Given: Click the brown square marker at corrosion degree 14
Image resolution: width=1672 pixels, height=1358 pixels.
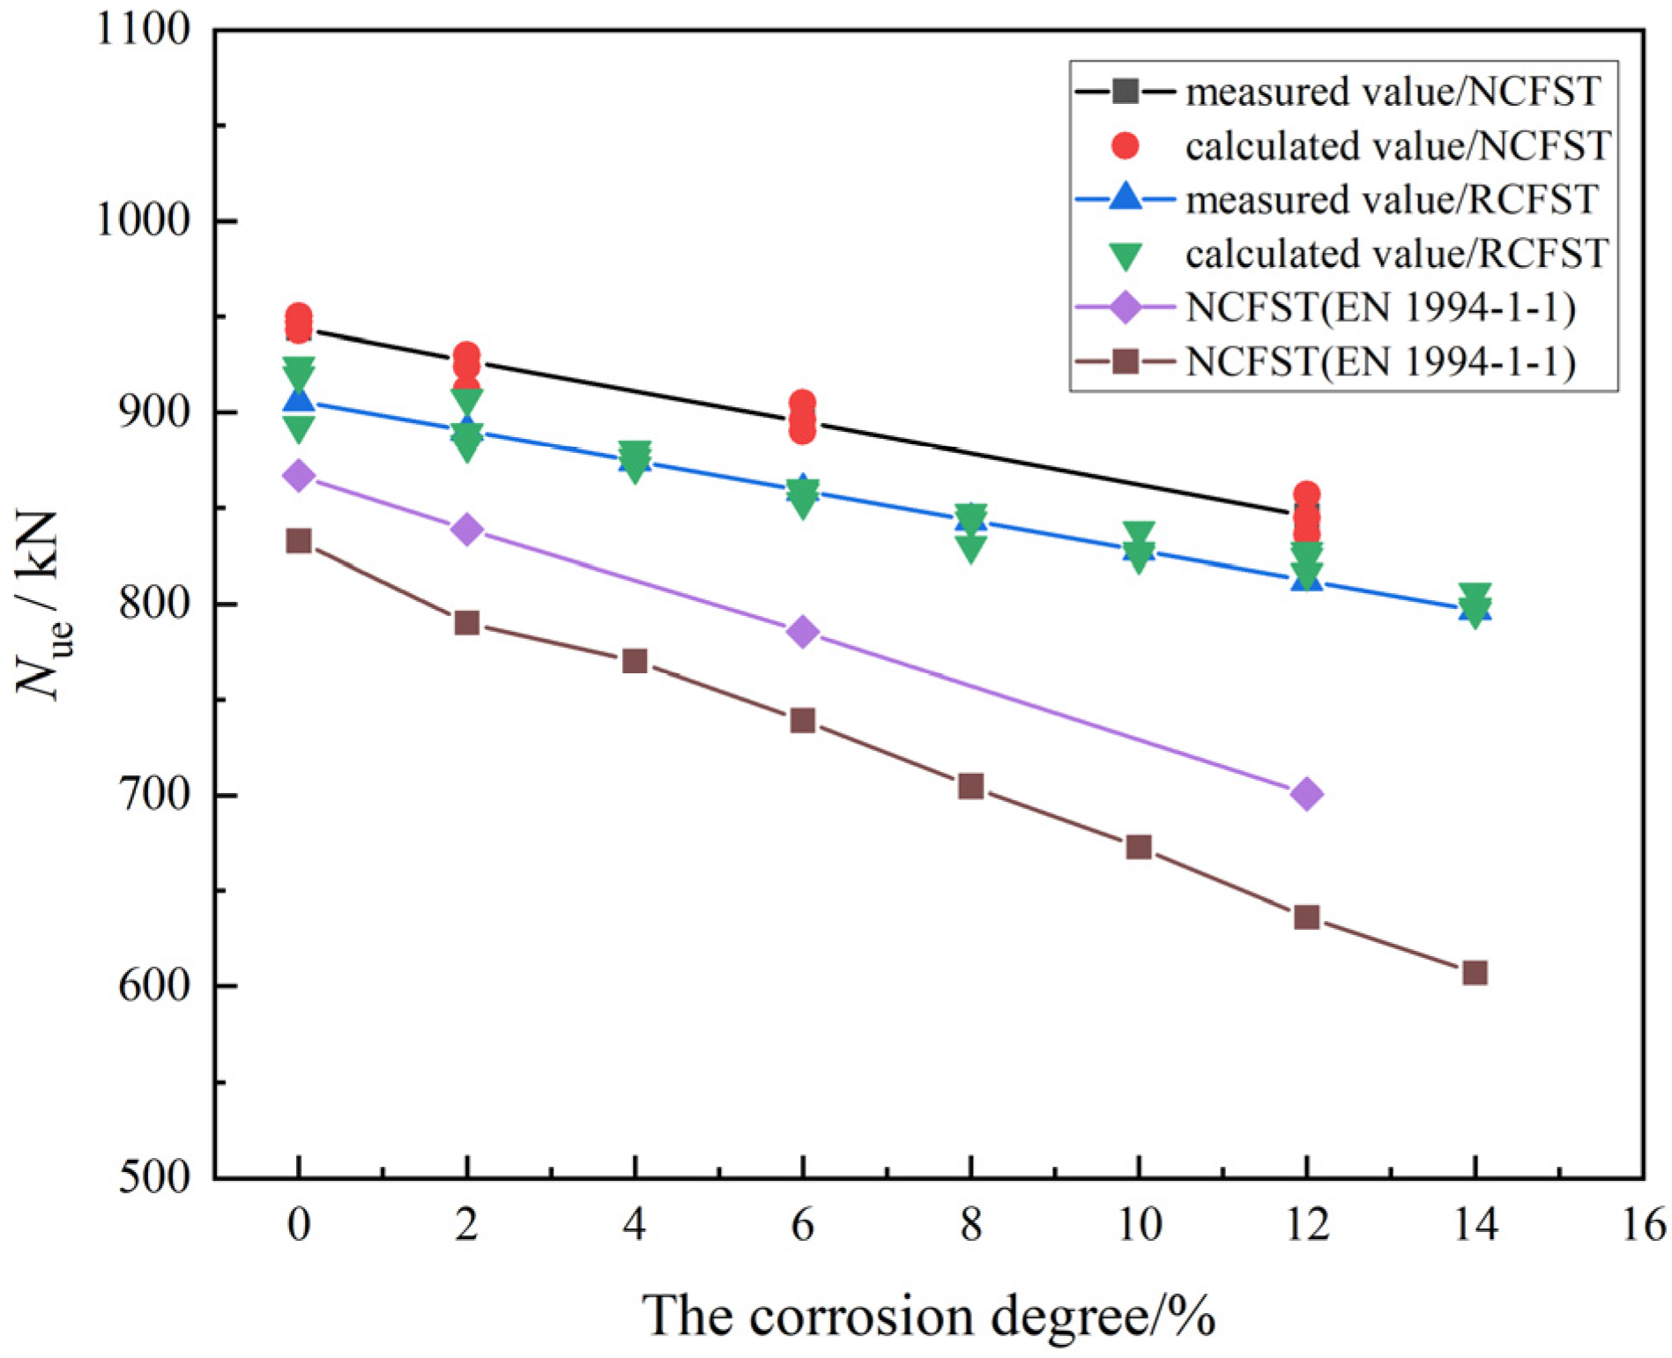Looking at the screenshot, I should click(1475, 973).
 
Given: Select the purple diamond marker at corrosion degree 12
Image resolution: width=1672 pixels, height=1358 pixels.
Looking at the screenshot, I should click(1306, 794).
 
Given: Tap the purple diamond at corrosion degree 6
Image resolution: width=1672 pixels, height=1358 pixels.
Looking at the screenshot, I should click(802, 632).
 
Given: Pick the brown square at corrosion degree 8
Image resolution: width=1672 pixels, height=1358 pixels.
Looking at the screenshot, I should click(970, 786).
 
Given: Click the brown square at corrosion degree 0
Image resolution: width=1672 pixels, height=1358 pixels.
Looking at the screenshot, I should click(299, 541).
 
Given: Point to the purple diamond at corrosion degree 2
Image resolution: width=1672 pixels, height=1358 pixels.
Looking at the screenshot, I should click(466, 530).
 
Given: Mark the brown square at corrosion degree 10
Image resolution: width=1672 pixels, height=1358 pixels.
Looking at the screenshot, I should click(1139, 847).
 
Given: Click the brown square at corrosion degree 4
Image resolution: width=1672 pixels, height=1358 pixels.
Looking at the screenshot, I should click(635, 661).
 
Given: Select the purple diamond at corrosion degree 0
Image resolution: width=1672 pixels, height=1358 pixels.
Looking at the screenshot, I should click(299, 476).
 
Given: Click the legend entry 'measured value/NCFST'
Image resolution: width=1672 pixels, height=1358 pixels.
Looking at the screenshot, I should click(1393, 92).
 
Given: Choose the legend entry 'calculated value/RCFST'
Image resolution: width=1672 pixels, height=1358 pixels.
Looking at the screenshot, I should click(1397, 255).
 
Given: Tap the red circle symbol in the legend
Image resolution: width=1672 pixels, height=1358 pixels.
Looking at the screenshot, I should click(1126, 146).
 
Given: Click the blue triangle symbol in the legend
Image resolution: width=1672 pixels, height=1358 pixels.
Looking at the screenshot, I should click(1126, 197).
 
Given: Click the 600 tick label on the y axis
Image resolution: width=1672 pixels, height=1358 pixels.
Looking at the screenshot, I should click(155, 986).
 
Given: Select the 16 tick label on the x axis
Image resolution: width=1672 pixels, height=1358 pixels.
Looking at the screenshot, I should click(1643, 1225).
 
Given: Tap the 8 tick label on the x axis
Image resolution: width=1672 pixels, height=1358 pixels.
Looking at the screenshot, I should click(970, 1225).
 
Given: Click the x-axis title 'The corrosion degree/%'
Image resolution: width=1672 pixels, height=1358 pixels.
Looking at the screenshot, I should click(928, 1317).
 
